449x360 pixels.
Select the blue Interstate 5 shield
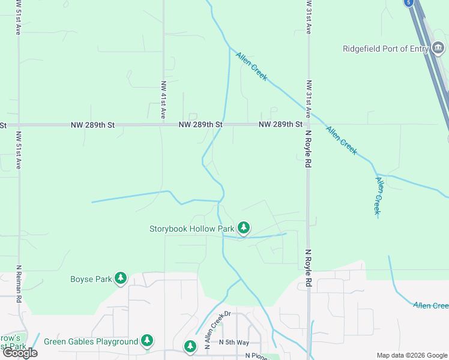pyautogui.click(x=409, y=2)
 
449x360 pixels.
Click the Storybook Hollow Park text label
pyautogui.click(x=191, y=229)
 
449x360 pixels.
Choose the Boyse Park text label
pyautogui.click(x=91, y=279)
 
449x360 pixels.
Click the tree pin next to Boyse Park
pyautogui.click(x=121, y=278)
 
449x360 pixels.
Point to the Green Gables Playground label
pyautogui.click(x=91, y=341)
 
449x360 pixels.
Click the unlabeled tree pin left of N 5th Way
pyautogui.click(x=190, y=346)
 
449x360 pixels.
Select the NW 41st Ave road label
pyautogui.click(x=163, y=100)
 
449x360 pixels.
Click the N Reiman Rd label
pyautogui.click(x=19, y=281)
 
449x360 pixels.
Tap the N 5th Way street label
pyautogui.click(x=234, y=342)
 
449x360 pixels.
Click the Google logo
pyautogui.click(x=20, y=353)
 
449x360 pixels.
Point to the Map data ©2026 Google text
pyautogui.click(x=412, y=355)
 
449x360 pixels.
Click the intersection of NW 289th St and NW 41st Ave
pyautogui.click(x=163, y=125)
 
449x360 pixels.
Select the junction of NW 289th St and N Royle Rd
pyautogui.click(x=308, y=125)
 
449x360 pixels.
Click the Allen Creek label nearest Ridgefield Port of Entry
pyautogui.click(x=251, y=67)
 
